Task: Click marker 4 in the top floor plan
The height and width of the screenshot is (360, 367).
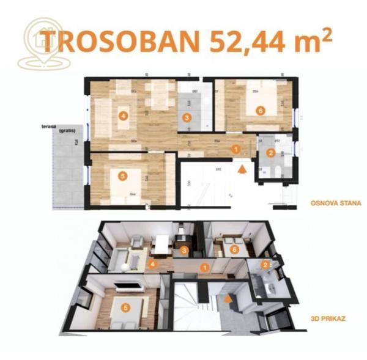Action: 124,116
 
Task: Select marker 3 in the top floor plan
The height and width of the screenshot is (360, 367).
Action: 187,117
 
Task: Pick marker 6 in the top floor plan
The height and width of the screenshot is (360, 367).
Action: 260,111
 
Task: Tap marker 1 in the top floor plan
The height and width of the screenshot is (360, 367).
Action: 235,148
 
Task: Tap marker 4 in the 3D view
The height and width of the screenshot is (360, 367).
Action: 153,264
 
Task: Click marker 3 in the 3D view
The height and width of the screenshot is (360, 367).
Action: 183,250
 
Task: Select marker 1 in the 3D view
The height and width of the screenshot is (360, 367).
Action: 204,266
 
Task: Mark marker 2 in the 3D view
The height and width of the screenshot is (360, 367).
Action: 265,265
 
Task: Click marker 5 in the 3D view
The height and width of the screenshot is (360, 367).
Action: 125,307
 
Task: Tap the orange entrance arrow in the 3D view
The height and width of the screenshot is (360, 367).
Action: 228,299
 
